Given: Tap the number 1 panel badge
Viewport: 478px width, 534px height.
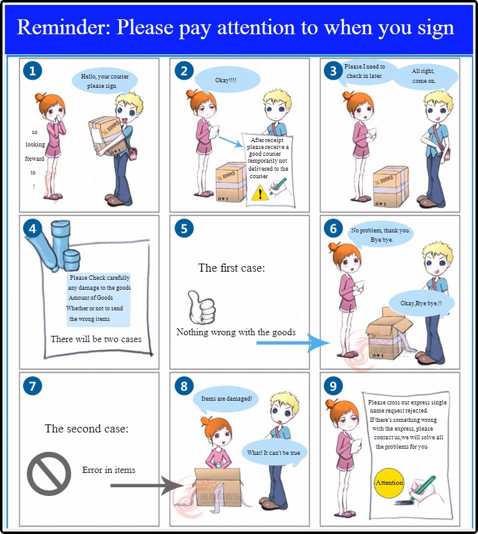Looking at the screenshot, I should point(32,71).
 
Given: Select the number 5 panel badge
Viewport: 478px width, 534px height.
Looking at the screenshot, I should point(183,229).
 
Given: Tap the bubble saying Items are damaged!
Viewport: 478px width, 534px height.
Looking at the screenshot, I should point(226,398).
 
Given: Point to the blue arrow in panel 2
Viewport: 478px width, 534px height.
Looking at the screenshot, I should point(231,143).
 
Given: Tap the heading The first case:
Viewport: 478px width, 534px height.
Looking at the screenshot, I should point(232,268).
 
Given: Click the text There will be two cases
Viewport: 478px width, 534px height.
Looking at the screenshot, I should point(96,340).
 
